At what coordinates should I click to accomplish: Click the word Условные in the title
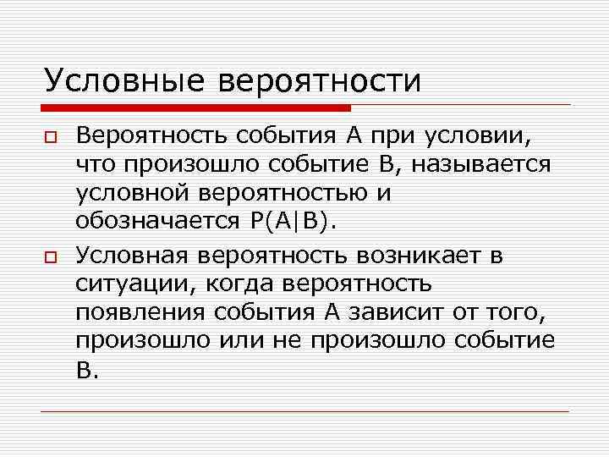coord(123,82)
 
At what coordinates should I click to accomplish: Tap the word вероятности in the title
coord(320,82)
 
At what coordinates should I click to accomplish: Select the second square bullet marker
coord(50,256)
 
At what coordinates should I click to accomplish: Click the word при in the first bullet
coord(389,135)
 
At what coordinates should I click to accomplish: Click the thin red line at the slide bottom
coord(304,411)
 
